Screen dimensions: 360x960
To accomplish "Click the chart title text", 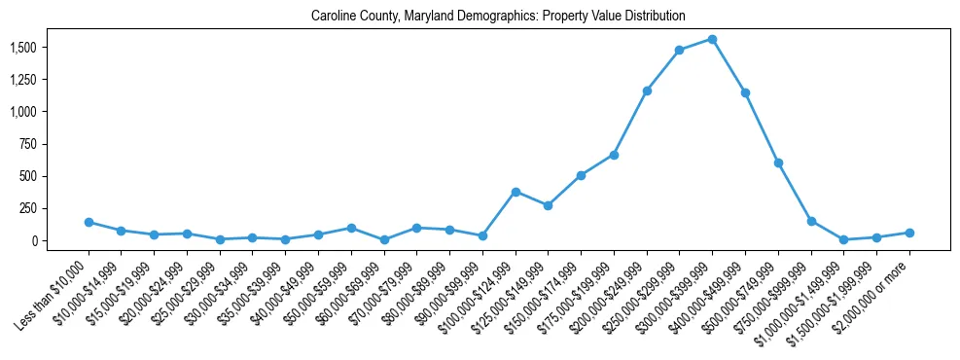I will coord(498,17).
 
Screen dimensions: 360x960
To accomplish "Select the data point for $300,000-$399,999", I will coord(712,40).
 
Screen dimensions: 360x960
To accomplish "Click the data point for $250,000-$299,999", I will coord(679,51).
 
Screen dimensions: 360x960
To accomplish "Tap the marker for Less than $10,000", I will coord(89,222).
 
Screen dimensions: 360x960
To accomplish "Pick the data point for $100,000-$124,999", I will coord(516,192).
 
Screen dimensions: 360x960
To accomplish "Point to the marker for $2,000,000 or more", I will coord(909,233).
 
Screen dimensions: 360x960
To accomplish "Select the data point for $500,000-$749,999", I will coord(778,162).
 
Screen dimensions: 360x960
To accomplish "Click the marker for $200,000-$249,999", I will coord(647,90).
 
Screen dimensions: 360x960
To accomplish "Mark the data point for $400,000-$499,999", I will coord(745,92).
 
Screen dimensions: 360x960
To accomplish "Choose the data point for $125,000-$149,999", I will coord(549,205).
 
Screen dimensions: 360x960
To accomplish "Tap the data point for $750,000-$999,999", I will coord(811,221).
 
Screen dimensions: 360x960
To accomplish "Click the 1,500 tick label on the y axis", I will coord(24,48).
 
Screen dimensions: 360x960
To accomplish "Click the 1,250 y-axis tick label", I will coord(24,80).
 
